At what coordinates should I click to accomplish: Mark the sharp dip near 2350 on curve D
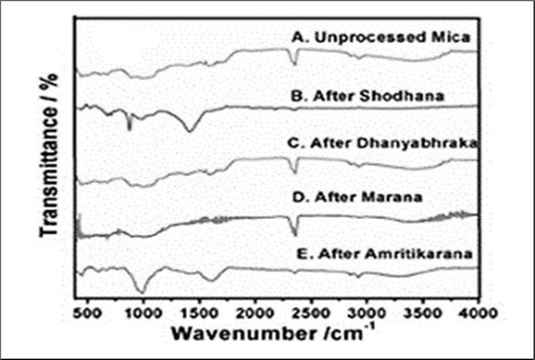point(294,235)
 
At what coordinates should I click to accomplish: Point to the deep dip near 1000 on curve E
point(143,290)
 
